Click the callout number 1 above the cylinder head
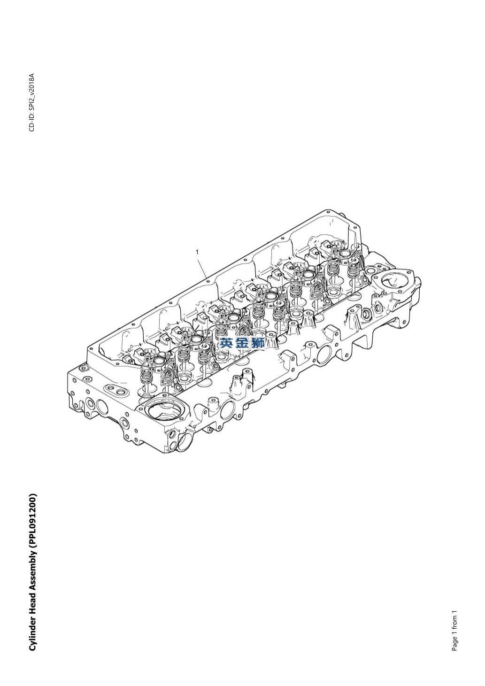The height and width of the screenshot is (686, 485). click(197, 252)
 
